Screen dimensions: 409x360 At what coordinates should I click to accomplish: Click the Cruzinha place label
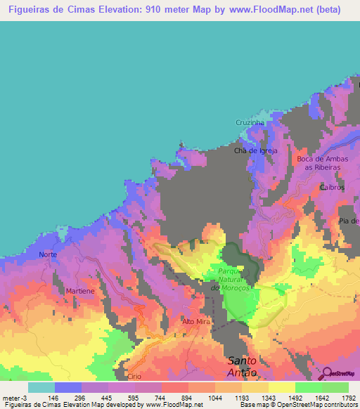coord(250,122)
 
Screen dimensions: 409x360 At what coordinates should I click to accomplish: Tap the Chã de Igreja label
coord(256,150)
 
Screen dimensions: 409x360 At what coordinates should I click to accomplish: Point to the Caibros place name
coord(331,188)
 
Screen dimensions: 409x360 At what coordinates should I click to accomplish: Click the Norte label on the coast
coord(49,254)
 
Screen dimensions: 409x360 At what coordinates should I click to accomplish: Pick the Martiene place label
coord(79,290)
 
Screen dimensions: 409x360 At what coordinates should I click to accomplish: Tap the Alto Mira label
coord(196,321)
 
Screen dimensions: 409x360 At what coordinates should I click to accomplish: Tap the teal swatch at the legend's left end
coord(41,387)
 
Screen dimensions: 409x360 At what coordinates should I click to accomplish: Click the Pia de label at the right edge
coord(349,221)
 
